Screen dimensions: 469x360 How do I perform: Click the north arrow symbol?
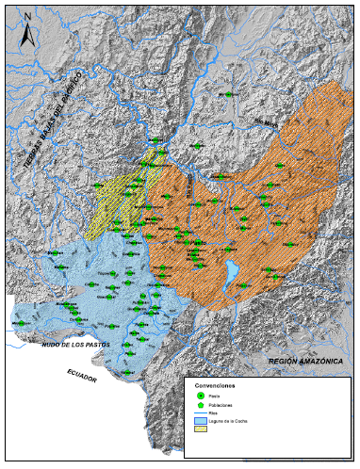coord(27,31)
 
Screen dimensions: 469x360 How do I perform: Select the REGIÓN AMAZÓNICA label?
coord(307,361)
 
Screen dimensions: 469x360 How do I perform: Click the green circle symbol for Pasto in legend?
coord(200,396)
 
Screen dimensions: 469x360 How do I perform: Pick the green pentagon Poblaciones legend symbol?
coord(200,406)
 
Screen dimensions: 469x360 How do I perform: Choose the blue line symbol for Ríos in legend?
coord(200,414)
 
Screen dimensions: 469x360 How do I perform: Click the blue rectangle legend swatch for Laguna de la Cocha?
coord(200,423)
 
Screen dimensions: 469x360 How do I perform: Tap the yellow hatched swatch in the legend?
coord(200,432)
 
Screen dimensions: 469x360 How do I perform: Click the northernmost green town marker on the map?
coord(226,94)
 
